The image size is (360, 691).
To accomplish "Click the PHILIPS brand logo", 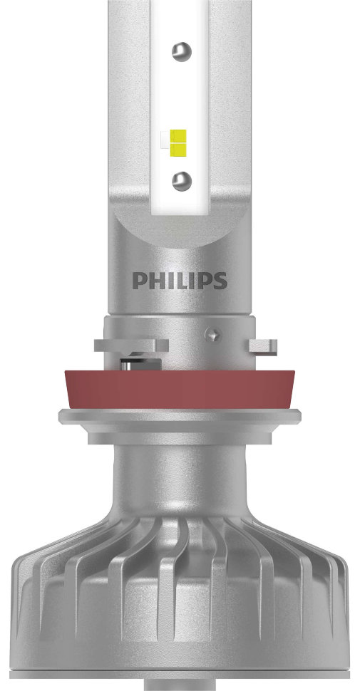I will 179,280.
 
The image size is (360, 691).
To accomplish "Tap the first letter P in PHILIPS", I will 138,280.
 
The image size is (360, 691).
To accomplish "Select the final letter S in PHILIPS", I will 220,280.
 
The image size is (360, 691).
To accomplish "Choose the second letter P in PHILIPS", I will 202,280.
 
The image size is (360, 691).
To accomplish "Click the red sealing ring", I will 180,388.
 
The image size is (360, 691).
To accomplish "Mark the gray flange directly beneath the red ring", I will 180,420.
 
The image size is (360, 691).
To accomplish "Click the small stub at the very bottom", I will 180,685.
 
